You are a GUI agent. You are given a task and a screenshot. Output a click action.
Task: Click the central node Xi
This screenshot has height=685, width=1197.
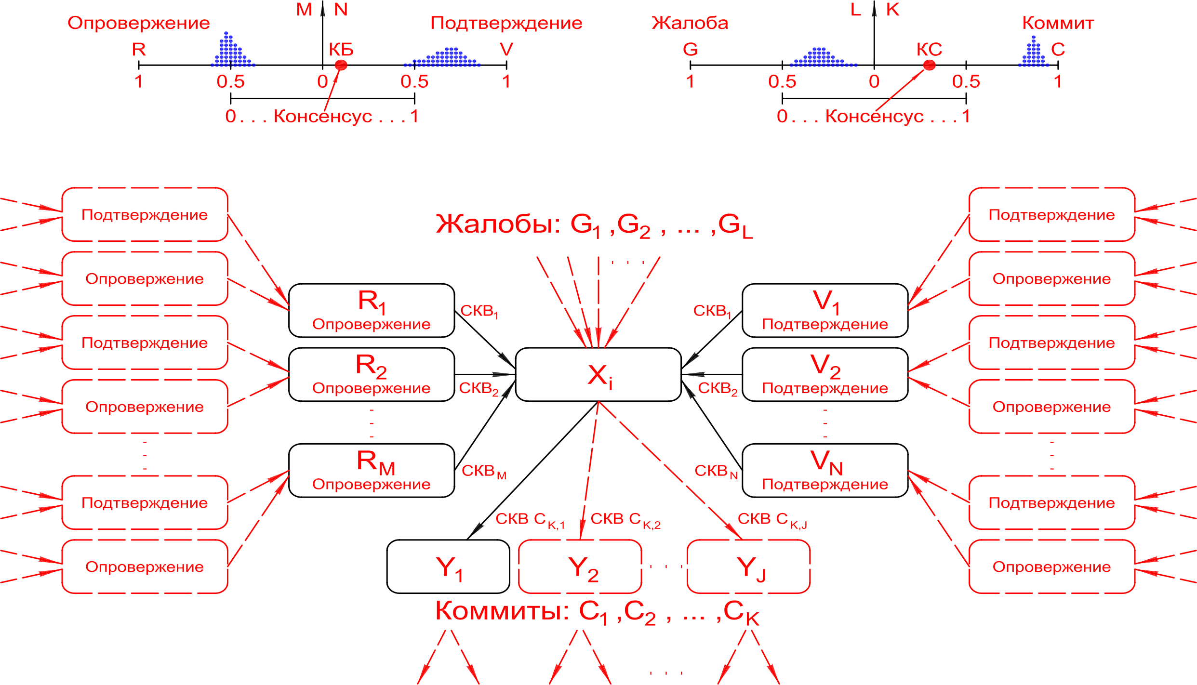tap(598, 374)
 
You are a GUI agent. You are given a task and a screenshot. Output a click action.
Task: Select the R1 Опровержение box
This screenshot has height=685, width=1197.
tap(371, 310)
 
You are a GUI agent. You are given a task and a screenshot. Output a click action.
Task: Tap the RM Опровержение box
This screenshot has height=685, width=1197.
tap(371, 470)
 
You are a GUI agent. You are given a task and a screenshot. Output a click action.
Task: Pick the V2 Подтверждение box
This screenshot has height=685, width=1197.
tap(825, 374)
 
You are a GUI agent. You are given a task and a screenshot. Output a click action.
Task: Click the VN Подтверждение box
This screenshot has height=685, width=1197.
tap(825, 470)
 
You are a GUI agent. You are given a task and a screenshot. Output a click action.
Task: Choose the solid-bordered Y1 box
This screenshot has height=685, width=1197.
tap(448, 566)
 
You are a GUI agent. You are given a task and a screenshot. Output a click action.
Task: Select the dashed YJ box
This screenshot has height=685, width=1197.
tap(748, 566)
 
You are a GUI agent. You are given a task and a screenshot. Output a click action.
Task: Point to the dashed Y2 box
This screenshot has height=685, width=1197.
tap(580, 566)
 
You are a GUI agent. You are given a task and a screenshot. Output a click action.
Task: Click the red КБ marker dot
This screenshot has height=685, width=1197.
tap(341, 65)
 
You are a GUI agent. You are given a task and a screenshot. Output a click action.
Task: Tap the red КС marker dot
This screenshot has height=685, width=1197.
tap(929, 65)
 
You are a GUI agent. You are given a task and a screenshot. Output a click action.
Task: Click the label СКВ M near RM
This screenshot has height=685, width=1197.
tap(483, 471)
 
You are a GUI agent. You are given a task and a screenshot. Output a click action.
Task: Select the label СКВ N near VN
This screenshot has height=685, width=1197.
tap(716, 471)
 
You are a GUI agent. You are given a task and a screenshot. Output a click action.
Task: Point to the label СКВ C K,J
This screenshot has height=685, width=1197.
tap(771, 519)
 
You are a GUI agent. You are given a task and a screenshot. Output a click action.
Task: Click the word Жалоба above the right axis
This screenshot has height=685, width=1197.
tap(690, 23)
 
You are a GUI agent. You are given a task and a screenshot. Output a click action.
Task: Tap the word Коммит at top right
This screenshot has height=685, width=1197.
tap(1058, 23)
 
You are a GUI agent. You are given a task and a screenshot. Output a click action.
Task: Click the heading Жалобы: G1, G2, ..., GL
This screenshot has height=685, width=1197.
tap(594, 224)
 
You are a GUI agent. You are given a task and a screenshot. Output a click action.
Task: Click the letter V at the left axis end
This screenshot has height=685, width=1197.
tap(506, 49)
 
